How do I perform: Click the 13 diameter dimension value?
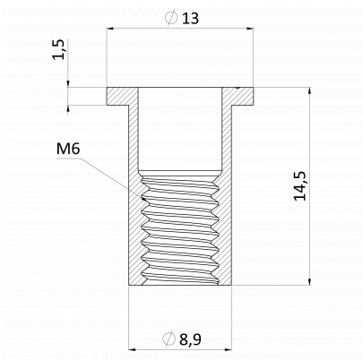(x=190, y=18)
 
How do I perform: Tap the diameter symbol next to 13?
(x=170, y=18)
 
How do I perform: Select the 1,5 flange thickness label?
(x=58, y=49)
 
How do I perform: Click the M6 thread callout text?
(x=68, y=149)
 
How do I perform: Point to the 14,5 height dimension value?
(x=299, y=185)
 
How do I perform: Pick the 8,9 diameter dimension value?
(x=190, y=339)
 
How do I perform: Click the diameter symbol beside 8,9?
(x=169, y=339)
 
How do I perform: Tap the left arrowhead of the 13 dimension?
(x=111, y=29)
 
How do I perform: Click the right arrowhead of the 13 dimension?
(x=249, y=29)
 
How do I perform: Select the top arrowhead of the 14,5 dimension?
(x=310, y=92)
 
